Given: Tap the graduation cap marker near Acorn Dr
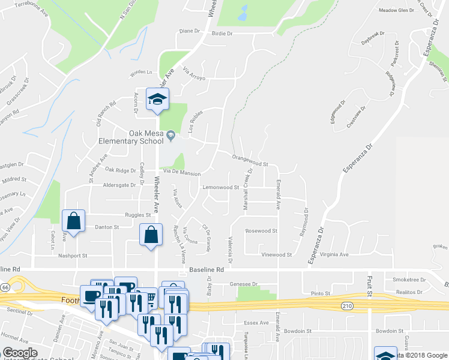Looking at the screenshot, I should (x=157, y=101).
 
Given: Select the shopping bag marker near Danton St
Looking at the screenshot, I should (x=73, y=221).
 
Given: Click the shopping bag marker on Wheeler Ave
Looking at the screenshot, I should (x=151, y=235).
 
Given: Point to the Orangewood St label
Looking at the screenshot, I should (x=249, y=159).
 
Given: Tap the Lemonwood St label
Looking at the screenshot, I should (x=221, y=187).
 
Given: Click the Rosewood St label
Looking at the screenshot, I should (x=261, y=230).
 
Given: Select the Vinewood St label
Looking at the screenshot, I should (x=277, y=254).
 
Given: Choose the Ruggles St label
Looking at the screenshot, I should (x=137, y=214).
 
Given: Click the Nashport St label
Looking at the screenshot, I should (x=73, y=255).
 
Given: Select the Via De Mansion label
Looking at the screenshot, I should (x=178, y=173).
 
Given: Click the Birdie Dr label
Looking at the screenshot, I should (x=222, y=34).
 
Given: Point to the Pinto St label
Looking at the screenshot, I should (x=321, y=293).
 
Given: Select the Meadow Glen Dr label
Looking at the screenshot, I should (x=397, y=10).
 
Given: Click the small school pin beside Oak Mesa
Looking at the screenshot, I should (x=171, y=136).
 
